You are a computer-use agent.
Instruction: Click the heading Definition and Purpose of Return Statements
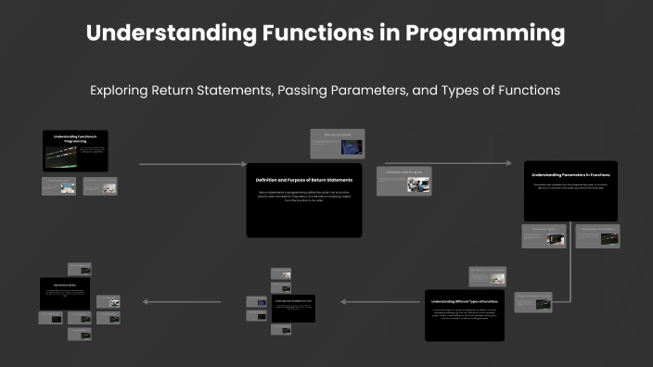pyautogui.click(x=303, y=180)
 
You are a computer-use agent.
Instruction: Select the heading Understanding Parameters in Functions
pyautogui.click(x=570, y=174)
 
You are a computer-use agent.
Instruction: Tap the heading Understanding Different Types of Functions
pyautogui.click(x=465, y=302)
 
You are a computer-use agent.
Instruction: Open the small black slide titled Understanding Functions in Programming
pyautogui.click(x=75, y=150)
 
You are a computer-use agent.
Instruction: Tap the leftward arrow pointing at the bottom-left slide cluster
pyautogui.click(x=180, y=301)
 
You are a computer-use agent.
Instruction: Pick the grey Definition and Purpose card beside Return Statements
pyautogui.click(x=403, y=181)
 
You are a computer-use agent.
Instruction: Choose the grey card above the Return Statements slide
pyautogui.click(x=337, y=144)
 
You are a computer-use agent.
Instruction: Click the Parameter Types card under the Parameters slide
pyautogui.click(x=544, y=236)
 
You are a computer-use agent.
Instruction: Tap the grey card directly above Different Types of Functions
pyautogui.click(x=487, y=275)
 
